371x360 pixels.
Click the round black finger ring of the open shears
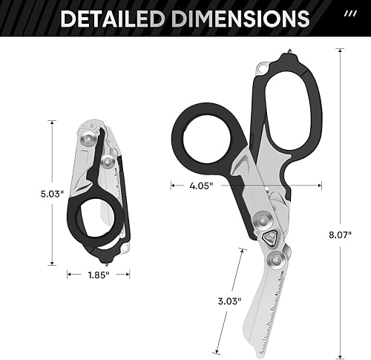tap(201, 136)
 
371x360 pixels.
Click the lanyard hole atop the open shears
tap(260, 70)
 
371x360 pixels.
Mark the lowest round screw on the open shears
tap(280, 261)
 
